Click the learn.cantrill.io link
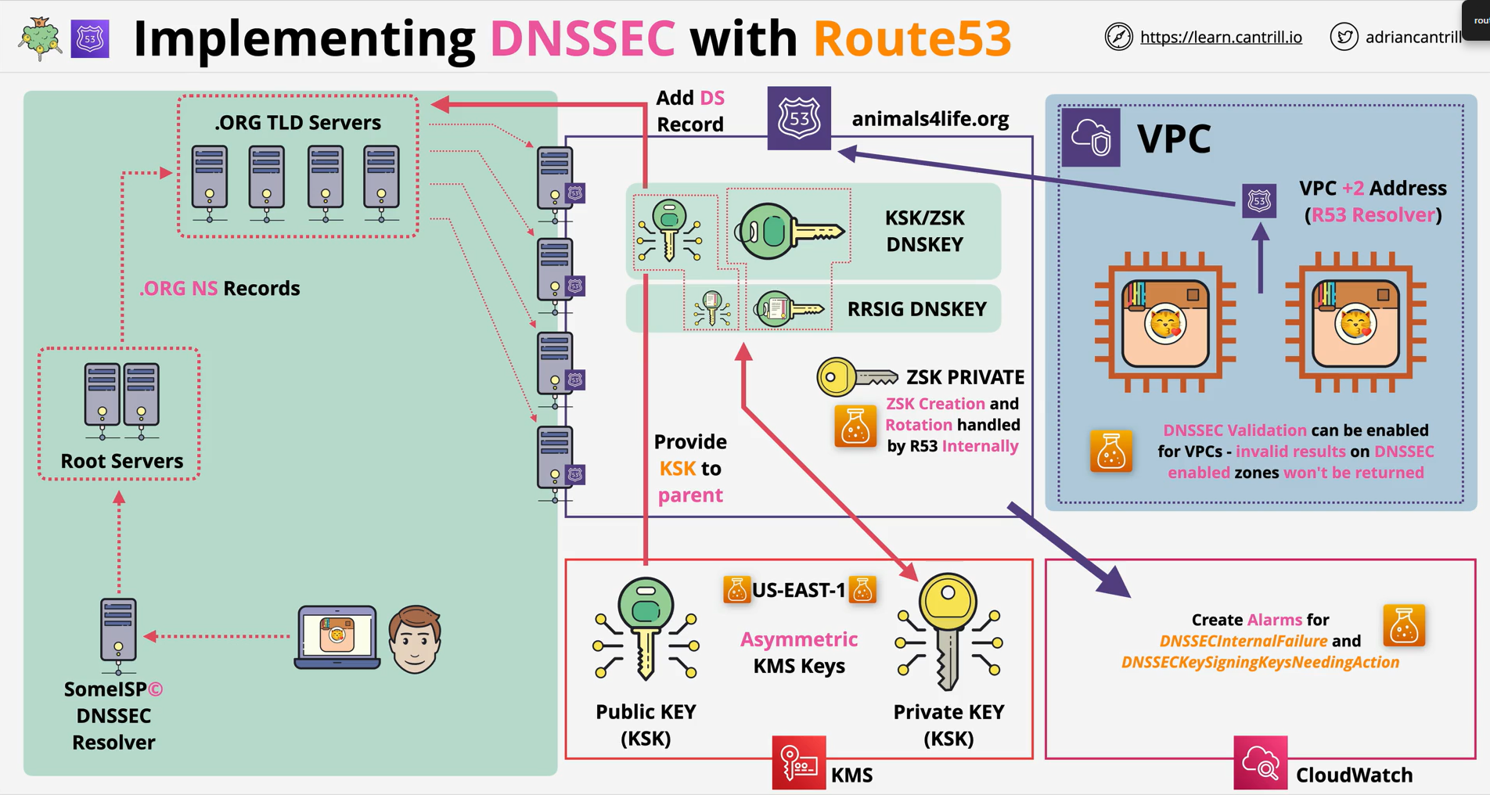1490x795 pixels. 1221,37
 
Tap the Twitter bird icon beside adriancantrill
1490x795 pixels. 1344,37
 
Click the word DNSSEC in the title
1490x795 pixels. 582,38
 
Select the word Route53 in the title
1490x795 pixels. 912,38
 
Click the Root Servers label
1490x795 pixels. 122,461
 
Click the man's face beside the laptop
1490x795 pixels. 416,639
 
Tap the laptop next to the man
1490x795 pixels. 337,637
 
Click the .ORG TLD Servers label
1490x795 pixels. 297,122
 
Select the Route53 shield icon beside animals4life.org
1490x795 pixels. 799,118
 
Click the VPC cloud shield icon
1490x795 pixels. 1091,138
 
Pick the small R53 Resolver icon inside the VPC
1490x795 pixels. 1259,201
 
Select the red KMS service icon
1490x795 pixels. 799,762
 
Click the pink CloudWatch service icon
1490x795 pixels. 1261,762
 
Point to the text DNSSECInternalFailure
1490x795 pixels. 1243,641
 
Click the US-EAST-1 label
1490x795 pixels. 799,590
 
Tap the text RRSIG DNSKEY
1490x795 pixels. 916,309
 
